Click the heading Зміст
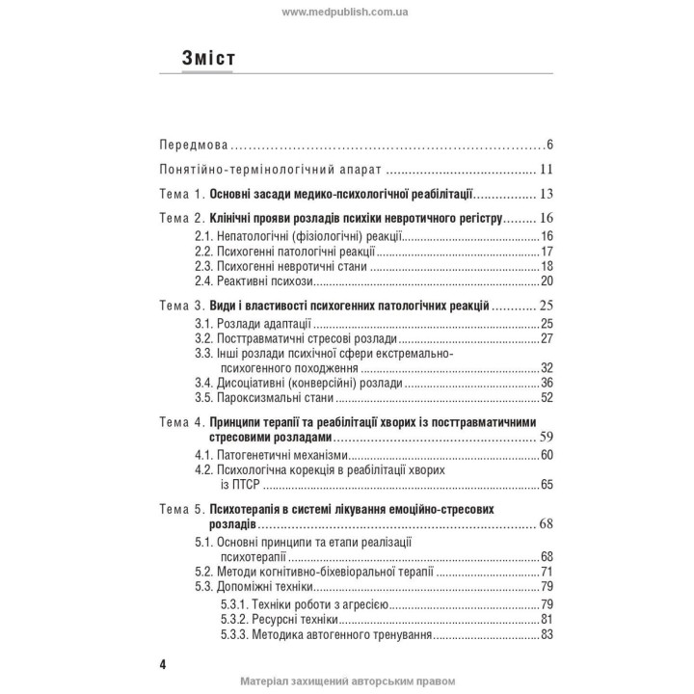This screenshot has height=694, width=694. [x=208, y=58]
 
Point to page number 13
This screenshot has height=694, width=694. [x=545, y=193]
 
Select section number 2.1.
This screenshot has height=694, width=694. [x=206, y=236]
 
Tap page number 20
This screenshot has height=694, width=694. [x=546, y=280]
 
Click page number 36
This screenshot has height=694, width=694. [x=546, y=383]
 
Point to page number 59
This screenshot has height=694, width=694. [x=545, y=439]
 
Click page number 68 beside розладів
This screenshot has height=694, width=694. [x=545, y=525]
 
